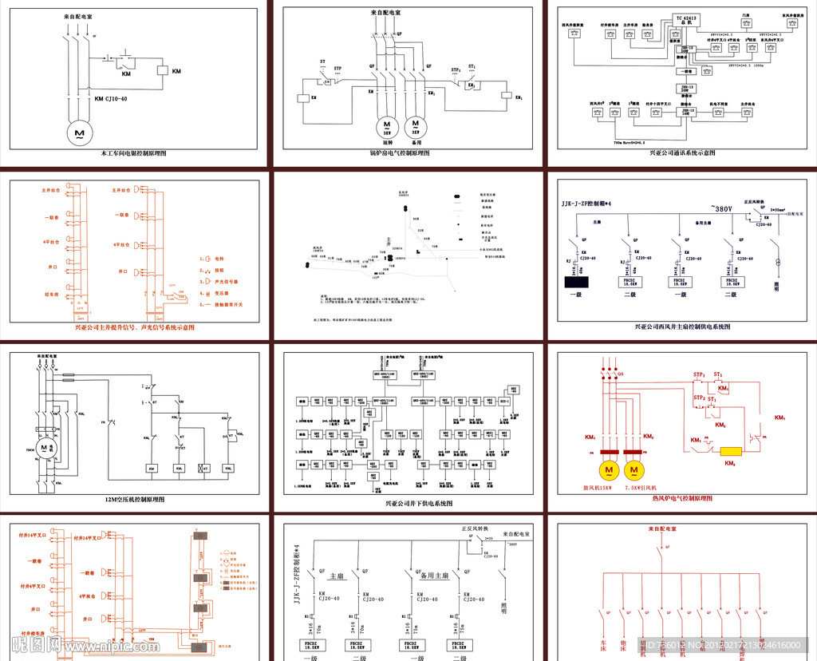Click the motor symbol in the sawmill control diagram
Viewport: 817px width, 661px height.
(x=79, y=130)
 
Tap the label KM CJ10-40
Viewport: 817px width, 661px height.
(x=111, y=99)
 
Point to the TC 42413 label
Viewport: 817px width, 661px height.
(x=686, y=17)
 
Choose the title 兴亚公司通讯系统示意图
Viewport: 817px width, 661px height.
(x=682, y=152)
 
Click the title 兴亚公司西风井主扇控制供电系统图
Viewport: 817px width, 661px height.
(x=682, y=327)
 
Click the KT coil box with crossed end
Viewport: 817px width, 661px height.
(x=205, y=468)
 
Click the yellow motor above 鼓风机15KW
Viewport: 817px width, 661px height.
(x=610, y=471)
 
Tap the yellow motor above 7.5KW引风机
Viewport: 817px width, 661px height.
(x=635, y=471)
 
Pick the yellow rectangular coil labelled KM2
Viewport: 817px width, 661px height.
(x=731, y=451)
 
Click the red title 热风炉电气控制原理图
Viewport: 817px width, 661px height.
(x=681, y=499)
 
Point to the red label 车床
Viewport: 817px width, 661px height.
(x=603, y=641)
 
